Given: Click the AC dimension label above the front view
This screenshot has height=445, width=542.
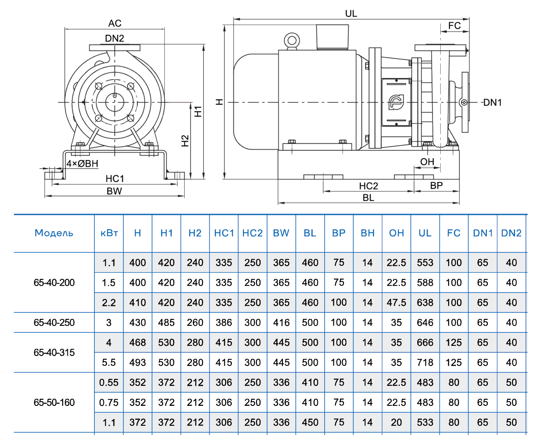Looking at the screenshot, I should click(x=115, y=23).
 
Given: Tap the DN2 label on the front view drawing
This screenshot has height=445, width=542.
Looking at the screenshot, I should click(x=114, y=38).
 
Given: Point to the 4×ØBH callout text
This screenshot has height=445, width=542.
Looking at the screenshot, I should click(x=82, y=164).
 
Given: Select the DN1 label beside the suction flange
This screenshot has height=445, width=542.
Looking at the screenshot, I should click(x=492, y=103).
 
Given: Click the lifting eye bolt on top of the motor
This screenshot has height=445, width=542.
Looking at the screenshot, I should click(x=292, y=41).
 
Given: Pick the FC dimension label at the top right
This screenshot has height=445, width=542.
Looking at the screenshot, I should click(x=454, y=26).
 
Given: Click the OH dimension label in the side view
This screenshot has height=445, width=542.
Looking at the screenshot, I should click(x=427, y=162).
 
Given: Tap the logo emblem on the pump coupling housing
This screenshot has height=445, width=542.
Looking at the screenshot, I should click(x=396, y=102).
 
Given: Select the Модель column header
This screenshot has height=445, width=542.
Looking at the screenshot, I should click(x=54, y=233).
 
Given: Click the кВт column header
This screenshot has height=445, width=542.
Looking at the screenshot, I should click(x=109, y=233).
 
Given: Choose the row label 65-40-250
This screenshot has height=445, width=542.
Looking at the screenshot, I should click(x=54, y=323).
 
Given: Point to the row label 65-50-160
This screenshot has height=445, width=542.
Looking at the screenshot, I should click(x=54, y=403).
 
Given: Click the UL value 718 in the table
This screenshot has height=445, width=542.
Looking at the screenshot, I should click(x=425, y=363).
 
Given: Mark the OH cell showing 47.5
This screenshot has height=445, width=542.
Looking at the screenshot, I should click(x=396, y=303).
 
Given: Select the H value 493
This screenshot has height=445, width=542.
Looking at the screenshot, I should click(x=137, y=363).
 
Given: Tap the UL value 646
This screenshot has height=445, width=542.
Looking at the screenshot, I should click(x=425, y=323).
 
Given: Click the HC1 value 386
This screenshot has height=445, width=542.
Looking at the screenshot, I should click(x=223, y=323).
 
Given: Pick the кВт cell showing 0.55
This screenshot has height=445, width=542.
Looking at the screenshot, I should click(x=109, y=383).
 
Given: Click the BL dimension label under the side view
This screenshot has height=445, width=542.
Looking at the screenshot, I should click(x=368, y=198).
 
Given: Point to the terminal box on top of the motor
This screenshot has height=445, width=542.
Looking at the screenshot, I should click(x=333, y=37).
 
